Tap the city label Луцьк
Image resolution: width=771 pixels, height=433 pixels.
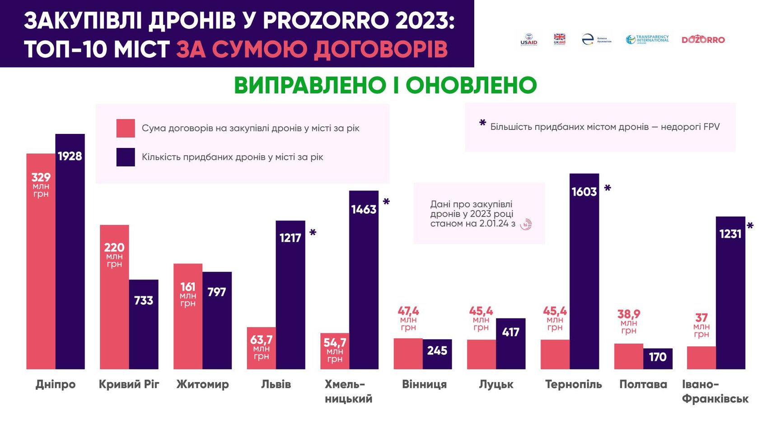[x=496, y=384]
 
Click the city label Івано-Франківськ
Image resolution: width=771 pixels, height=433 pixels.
[x=715, y=392]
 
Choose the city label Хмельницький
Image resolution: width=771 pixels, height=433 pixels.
[x=348, y=392]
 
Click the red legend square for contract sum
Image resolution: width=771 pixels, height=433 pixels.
[x=126, y=128]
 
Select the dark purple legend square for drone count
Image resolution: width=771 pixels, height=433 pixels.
[x=126, y=157]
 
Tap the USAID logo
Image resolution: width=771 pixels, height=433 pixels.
[x=529, y=40]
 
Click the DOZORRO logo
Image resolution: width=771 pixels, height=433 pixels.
[x=703, y=40]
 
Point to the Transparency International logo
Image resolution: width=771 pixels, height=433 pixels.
[x=647, y=40]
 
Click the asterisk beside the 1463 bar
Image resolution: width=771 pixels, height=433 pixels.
[x=386, y=202]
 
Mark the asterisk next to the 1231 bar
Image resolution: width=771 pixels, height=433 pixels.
[x=750, y=226]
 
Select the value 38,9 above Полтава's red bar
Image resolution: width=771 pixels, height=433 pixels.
[x=629, y=314]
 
